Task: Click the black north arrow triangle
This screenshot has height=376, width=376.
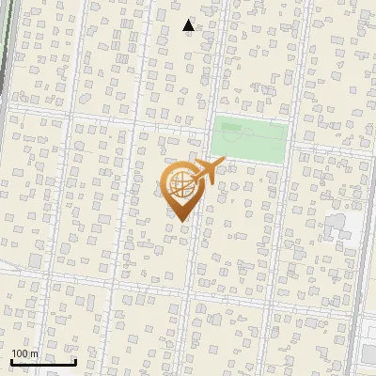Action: [189, 25]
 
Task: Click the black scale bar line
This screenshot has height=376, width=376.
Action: [43, 362]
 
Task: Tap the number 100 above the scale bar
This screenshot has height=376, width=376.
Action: [20, 353]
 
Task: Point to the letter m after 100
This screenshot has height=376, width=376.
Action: [34, 354]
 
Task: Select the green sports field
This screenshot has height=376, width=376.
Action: [249, 139]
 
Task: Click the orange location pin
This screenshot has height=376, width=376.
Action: [180, 189]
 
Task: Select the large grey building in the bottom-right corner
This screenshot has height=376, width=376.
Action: [368, 355]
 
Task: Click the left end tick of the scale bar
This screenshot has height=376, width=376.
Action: [12, 361]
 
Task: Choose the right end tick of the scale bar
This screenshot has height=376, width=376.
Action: [75, 361]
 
